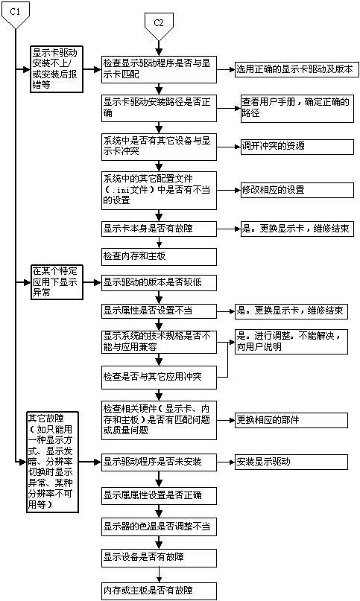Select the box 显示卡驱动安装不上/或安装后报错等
pos(55,69)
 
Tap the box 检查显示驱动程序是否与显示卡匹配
pos(158,69)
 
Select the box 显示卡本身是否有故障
pos(158,228)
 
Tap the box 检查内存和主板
pos(158,256)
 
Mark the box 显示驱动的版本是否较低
pos(158,282)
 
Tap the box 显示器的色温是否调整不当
pos(158,527)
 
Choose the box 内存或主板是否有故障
pos(158,591)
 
